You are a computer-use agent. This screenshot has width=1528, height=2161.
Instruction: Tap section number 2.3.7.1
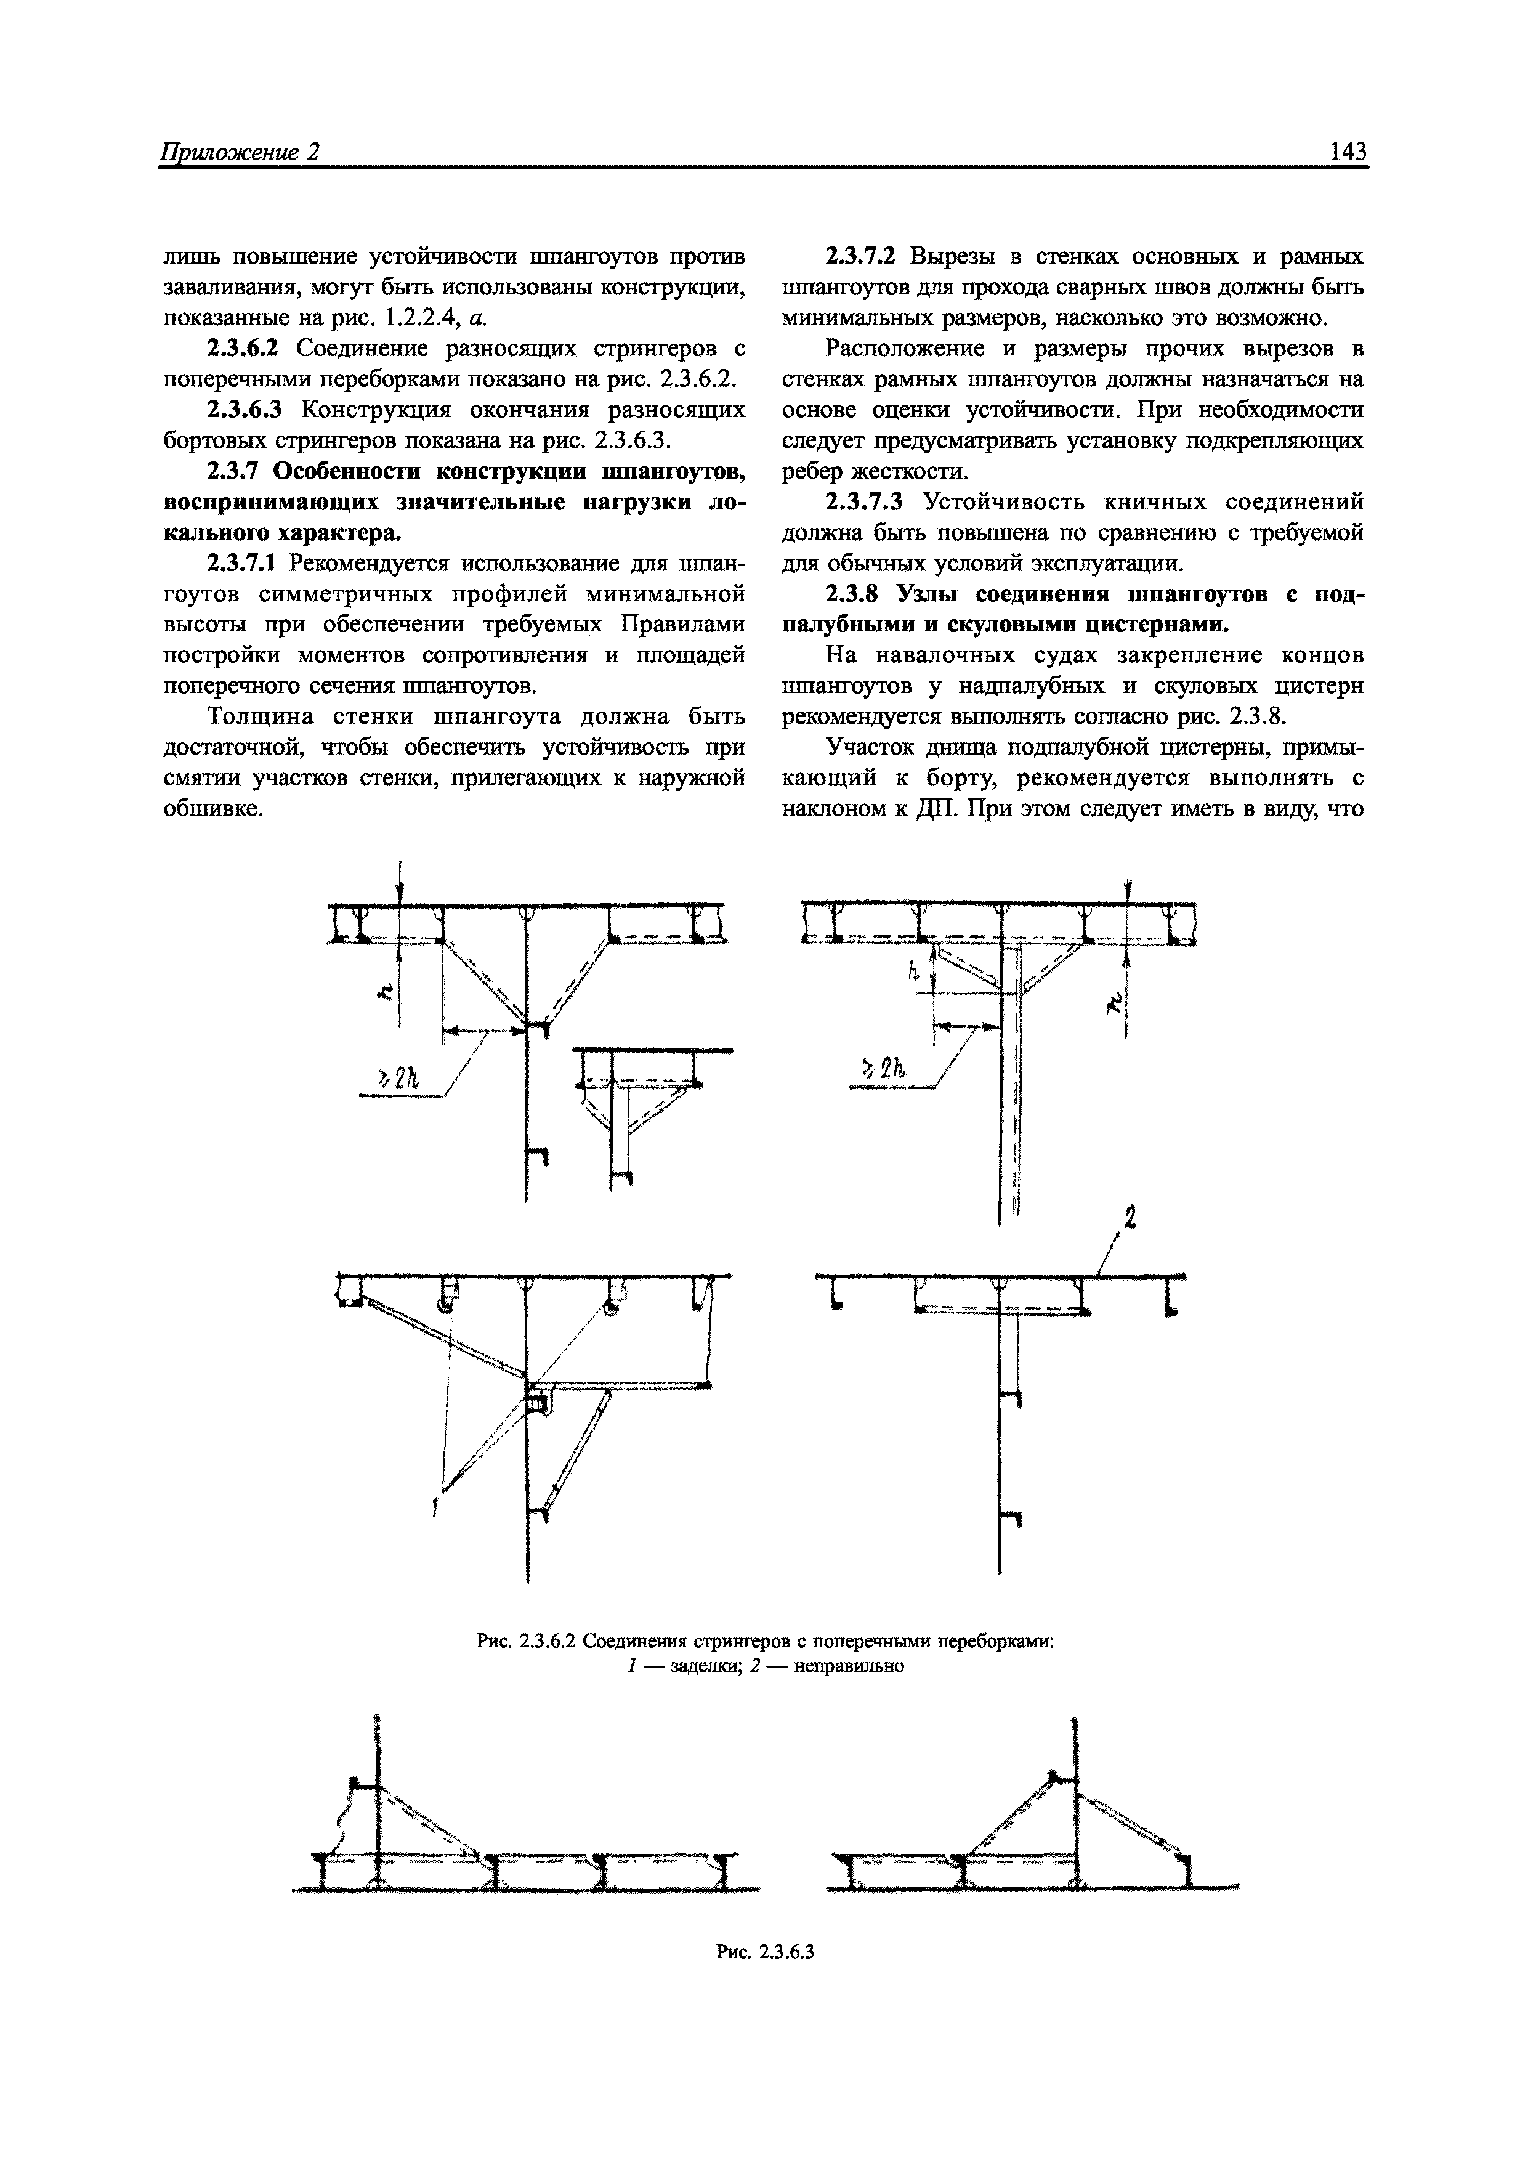(x=243, y=564)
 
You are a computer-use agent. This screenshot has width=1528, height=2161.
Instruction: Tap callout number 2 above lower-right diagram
(x=1130, y=1219)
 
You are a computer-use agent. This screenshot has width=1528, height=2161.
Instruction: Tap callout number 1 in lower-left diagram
(x=435, y=1510)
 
